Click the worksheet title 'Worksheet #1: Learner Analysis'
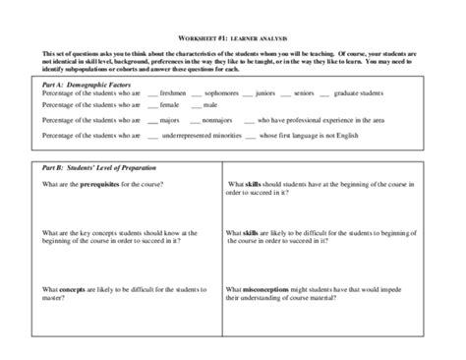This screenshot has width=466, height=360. click(x=233, y=34)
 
